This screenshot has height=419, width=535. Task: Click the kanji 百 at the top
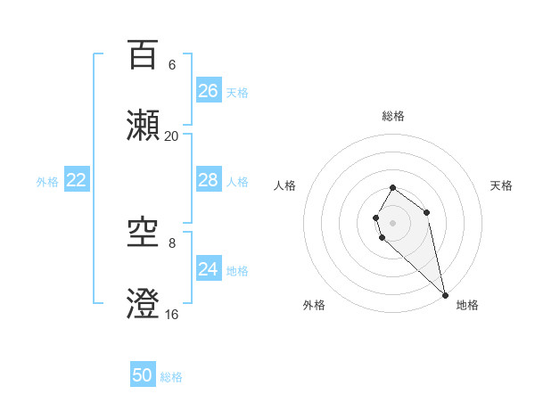click(143, 55)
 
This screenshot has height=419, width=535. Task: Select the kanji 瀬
click(143, 126)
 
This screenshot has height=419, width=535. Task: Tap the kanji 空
click(143, 234)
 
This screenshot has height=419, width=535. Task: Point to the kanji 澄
click(143, 304)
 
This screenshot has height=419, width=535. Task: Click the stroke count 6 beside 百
click(172, 65)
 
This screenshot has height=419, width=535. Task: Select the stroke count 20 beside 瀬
click(172, 136)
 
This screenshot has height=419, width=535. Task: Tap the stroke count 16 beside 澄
click(172, 314)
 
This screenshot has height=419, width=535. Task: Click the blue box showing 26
click(209, 91)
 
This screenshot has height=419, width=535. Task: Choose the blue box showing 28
click(209, 180)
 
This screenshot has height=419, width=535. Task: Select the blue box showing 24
click(209, 268)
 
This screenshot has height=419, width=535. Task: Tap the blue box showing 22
click(77, 180)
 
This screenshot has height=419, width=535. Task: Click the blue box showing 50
click(143, 375)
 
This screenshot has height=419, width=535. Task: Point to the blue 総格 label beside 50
click(171, 377)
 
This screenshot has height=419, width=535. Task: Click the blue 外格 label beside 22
click(47, 182)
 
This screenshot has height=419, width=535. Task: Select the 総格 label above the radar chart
click(393, 116)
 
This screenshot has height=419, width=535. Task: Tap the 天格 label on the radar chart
click(501, 185)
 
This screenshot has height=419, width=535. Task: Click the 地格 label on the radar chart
click(467, 305)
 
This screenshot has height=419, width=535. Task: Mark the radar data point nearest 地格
click(445, 295)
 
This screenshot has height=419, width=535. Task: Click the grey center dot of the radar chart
click(393, 222)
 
